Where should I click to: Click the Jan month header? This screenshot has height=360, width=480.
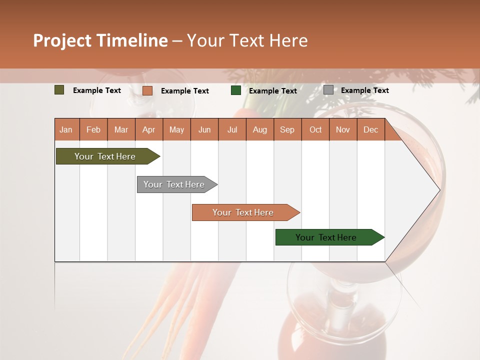(x=66, y=129)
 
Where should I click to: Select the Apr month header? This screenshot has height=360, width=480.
(x=148, y=129)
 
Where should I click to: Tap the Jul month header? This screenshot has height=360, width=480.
(x=232, y=129)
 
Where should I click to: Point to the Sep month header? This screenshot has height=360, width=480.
(x=287, y=129)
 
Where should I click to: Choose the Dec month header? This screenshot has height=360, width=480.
(x=370, y=129)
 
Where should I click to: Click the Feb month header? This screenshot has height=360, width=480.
(x=93, y=129)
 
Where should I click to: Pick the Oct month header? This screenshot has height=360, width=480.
(x=315, y=129)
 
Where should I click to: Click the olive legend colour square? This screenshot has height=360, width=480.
(x=59, y=90)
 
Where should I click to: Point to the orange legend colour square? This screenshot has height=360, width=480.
(x=147, y=90)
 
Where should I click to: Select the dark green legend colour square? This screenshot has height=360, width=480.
(x=236, y=90)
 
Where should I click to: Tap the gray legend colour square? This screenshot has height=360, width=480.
(x=328, y=90)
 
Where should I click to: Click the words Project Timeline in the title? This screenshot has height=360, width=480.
(x=100, y=40)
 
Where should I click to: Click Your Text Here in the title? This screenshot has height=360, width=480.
(x=247, y=40)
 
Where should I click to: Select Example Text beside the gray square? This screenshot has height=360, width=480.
(x=364, y=90)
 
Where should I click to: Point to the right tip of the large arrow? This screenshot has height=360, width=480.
(x=438, y=190)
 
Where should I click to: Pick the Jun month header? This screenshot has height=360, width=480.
(x=204, y=129)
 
